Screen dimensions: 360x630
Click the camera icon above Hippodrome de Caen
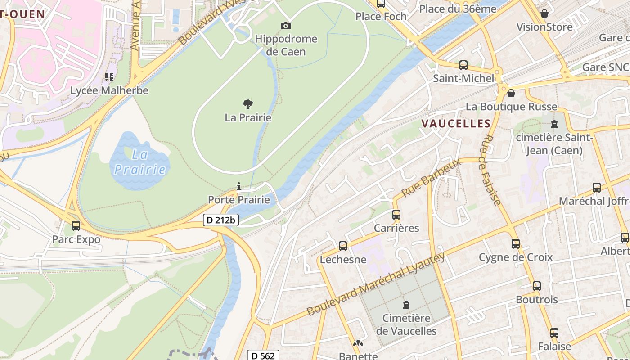(285, 26)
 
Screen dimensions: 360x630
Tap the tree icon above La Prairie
(247, 104)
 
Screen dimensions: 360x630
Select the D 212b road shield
(220, 220)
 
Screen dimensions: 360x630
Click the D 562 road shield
(263, 355)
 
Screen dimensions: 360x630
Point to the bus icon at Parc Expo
(76, 225)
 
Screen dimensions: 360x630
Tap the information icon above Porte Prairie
(238, 186)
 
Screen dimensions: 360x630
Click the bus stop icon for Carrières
(396, 215)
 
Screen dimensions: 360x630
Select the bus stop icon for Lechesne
(343, 246)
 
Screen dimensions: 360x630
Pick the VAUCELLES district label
(455, 123)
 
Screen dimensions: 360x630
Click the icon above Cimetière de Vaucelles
(406, 305)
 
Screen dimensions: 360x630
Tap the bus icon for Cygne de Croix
(516, 244)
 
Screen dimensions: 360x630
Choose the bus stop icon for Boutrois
(536, 286)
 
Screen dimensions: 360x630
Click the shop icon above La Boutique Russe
(511, 93)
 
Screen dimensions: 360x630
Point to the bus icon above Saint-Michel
(463, 65)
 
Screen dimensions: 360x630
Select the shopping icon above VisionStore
(544, 13)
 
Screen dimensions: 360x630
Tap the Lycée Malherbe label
(109, 90)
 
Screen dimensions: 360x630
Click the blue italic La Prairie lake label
(139, 162)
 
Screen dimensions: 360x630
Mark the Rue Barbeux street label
(431, 178)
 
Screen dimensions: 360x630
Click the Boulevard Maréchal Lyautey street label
(376, 284)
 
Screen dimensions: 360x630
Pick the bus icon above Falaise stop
(554, 333)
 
